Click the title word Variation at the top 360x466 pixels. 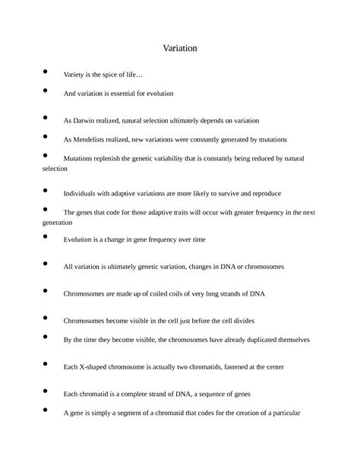coord(180,47)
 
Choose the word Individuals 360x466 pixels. coord(84,193)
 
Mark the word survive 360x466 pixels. coord(226,193)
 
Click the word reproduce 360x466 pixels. coord(266,193)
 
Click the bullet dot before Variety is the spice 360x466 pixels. coord(46,72)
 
